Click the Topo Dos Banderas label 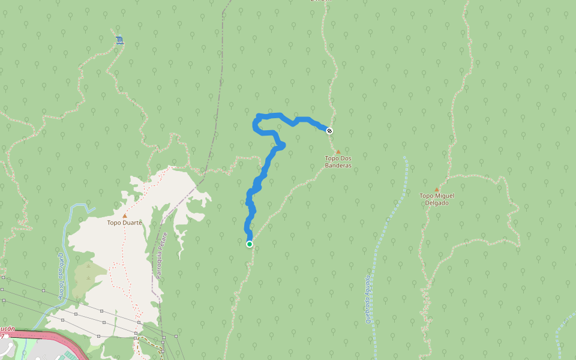click(338, 161)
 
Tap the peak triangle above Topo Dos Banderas click(338, 152)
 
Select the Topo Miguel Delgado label click(437, 199)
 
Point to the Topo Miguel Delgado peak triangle click(437, 190)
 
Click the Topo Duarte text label click(125, 223)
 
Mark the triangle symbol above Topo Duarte click(125, 215)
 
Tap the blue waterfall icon click(120, 40)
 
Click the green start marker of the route click(249, 244)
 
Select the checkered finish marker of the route click(329, 131)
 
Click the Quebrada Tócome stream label click(61, 275)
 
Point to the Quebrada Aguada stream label click(368, 299)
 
